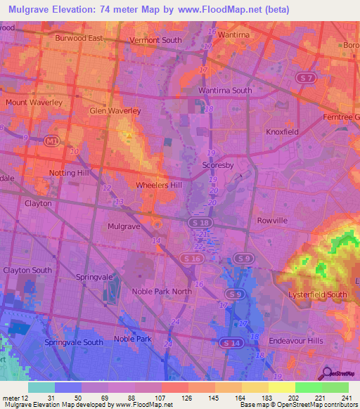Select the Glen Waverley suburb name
pyautogui.click(x=115, y=111)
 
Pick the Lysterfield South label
pyautogui.click(x=317, y=294)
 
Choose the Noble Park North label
pyautogui.click(x=161, y=292)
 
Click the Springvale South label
pyautogui.click(x=73, y=342)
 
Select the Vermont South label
pyautogui.click(x=155, y=41)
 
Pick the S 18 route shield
pyautogui.click(x=198, y=221)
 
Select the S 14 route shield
pyautogui.click(x=227, y=342)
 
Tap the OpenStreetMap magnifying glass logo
pyautogui.click(x=328, y=373)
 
